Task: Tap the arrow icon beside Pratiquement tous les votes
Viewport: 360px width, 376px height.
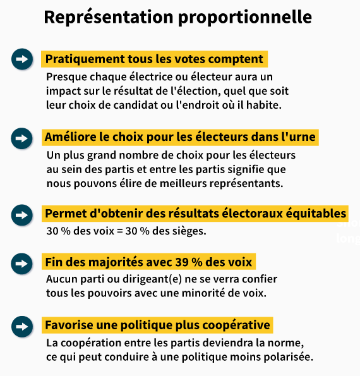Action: point(22,59)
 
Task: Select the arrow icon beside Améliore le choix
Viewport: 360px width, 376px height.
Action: point(22,136)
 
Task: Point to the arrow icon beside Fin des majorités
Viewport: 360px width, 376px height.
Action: point(22,262)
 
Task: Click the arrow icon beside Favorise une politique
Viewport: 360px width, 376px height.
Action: point(22,326)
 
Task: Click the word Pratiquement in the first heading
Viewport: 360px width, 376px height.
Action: point(80,59)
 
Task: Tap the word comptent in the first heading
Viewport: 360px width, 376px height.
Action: point(238,59)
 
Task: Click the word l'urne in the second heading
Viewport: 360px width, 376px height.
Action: point(298,136)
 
